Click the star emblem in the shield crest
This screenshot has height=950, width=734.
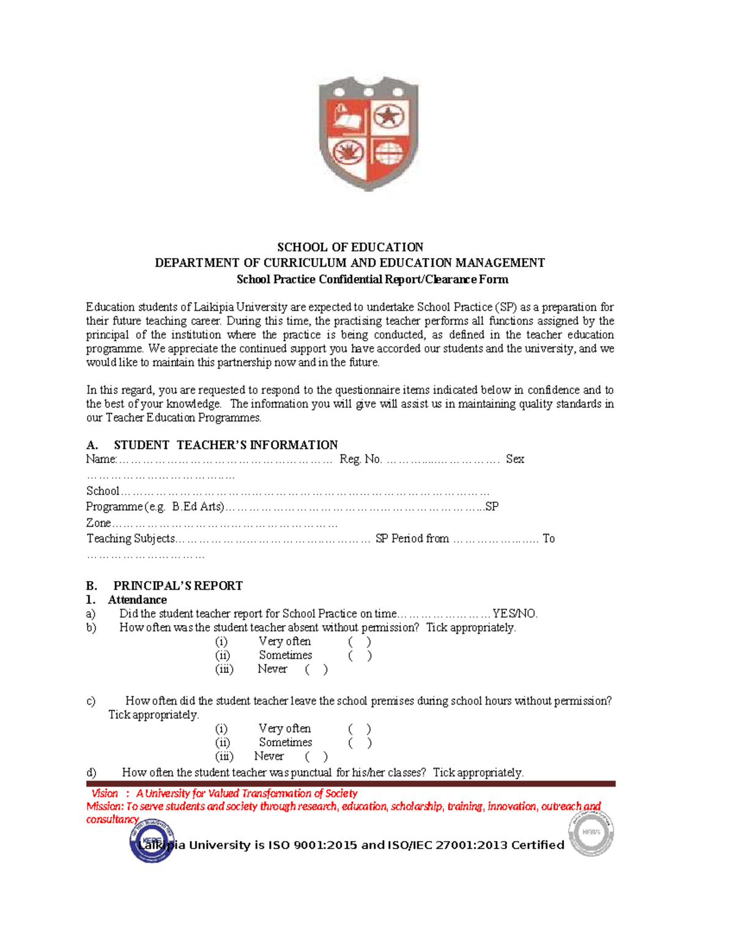point(388,116)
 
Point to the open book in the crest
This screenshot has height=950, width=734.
point(347,117)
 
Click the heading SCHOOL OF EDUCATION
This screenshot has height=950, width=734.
point(350,247)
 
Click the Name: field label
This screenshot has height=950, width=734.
point(101,459)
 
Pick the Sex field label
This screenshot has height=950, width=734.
point(514,459)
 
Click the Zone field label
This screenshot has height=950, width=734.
point(98,523)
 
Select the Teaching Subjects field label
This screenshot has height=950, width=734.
point(130,539)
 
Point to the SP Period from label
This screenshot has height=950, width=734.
point(412,539)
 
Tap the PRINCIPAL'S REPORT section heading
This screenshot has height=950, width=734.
point(177,585)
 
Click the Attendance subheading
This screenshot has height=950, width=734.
point(137,600)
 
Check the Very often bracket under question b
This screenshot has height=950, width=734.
point(360,642)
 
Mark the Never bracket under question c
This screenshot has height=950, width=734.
point(316,757)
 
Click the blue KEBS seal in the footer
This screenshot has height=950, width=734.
point(152,841)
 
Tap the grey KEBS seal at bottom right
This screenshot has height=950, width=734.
point(591,833)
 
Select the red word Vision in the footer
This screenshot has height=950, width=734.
point(105,793)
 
